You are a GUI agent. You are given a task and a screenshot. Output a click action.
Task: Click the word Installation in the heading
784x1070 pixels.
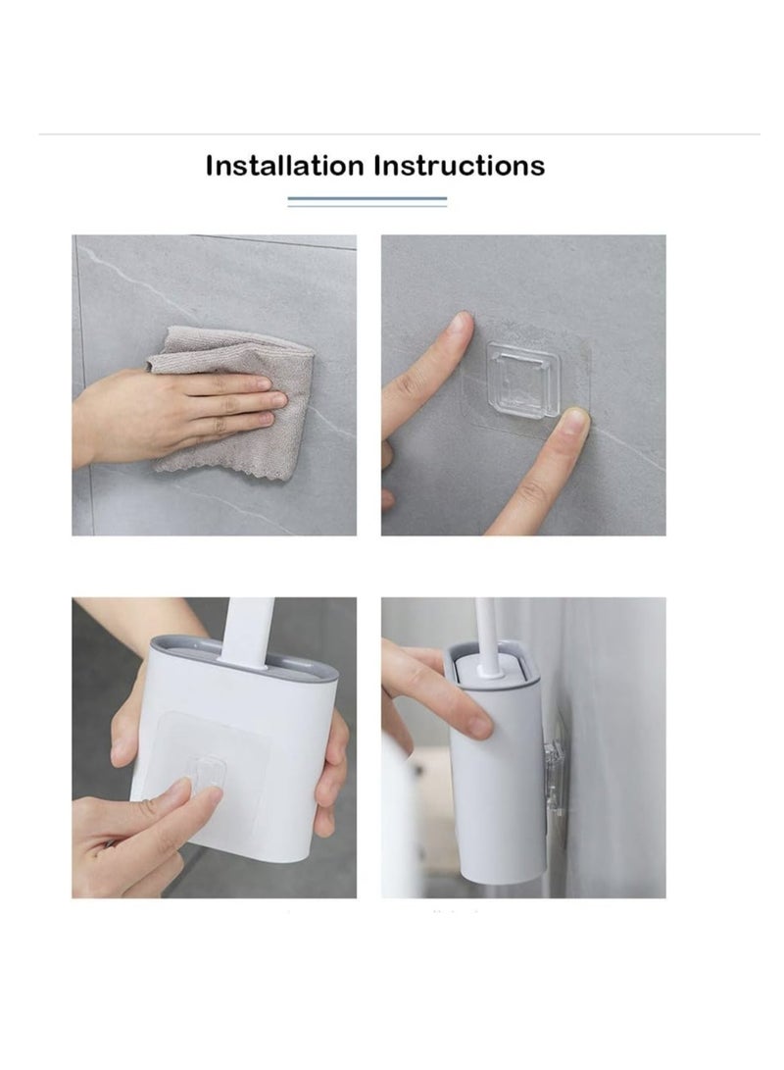tap(285, 166)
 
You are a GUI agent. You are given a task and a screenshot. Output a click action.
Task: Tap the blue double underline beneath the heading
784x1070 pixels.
tap(367, 201)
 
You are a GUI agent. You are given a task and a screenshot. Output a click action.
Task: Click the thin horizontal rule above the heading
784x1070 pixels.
tap(400, 134)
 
